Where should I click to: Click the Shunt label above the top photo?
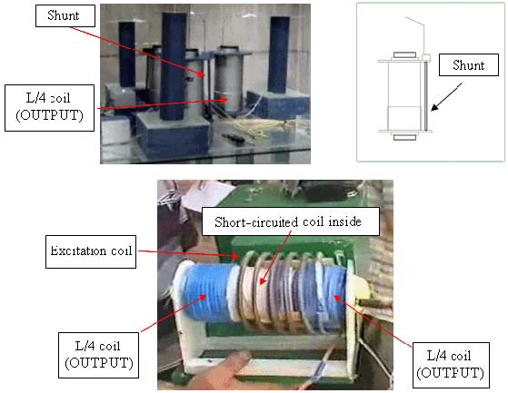pyautogui.click(x=65, y=15)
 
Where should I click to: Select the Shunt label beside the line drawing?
pyautogui.click(x=469, y=65)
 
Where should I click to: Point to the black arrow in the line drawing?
pyautogui.click(x=446, y=97)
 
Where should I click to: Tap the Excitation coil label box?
pyautogui.click(x=91, y=251)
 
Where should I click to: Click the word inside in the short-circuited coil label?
pyautogui.click(x=344, y=221)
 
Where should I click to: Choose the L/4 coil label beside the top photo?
pyautogui.click(x=50, y=108)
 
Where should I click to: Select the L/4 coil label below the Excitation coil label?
pyautogui.click(x=98, y=355)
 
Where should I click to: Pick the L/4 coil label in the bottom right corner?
pyautogui.click(x=451, y=365)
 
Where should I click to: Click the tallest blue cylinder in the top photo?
pyautogui.click(x=174, y=66)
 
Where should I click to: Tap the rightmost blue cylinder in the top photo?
pyautogui.click(x=278, y=55)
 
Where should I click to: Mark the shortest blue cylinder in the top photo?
pyautogui.click(x=126, y=54)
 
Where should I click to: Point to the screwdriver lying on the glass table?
pyautogui.click(x=234, y=137)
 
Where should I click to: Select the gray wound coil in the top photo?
pyautogui.click(x=228, y=84)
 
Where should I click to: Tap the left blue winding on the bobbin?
pyautogui.click(x=205, y=293)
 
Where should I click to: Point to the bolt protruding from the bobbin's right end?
pyautogui.click(x=373, y=304)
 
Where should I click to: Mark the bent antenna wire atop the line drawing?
pyautogui.click(x=417, y=34)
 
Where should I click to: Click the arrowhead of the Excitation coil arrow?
pyautogui.click(x=236, y=256)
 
